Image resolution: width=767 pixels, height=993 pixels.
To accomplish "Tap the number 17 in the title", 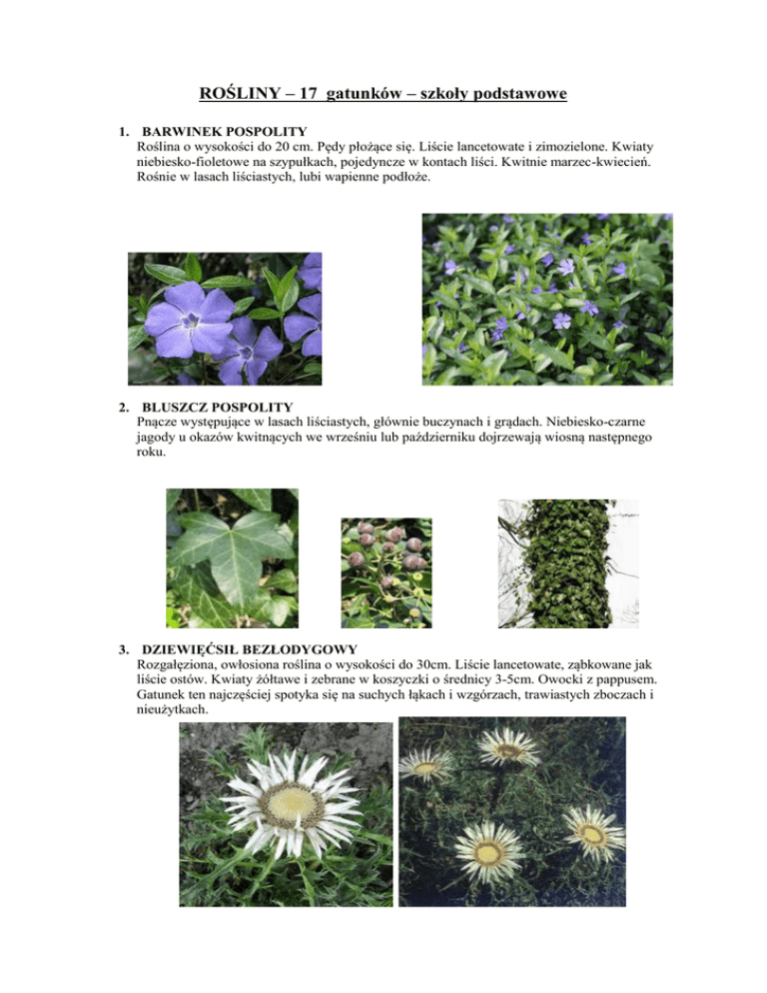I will pyautogui.click(x=327, y=95).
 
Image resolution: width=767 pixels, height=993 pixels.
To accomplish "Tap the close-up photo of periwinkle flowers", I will pyautogui.click(x=225, y=318).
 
